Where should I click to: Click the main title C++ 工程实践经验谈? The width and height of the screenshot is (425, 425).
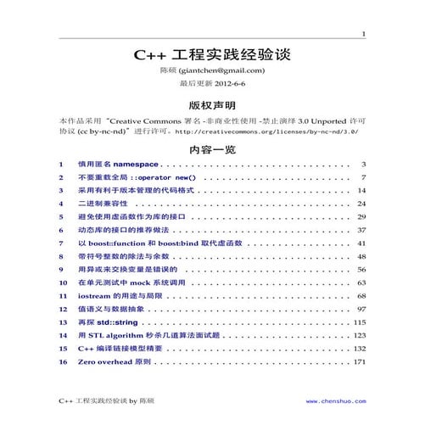(x=212, y=55)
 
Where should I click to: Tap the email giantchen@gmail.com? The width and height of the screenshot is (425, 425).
(x=223, y=70)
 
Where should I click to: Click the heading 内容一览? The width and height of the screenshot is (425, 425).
(x=212, y=149)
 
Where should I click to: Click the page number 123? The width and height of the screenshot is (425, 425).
(x=358, y=336)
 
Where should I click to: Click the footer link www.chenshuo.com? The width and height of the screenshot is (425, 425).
(x=333, y=399)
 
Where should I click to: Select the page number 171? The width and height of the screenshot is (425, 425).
(x=358, y=362)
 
